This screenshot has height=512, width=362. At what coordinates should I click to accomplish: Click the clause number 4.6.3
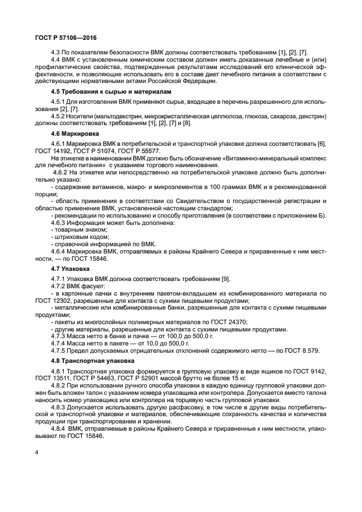pos(59,223)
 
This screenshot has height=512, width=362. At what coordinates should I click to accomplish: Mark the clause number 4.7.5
pos(59,349)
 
